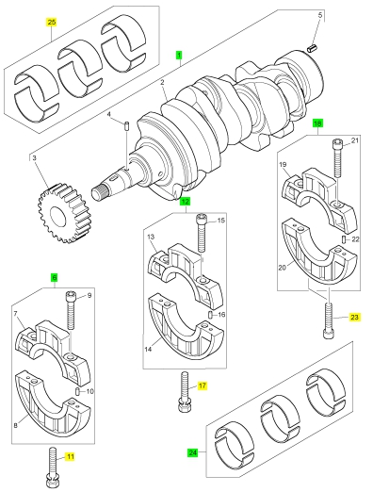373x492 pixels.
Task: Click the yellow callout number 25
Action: (x=52, y=22)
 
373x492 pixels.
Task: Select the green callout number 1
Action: (x=179, y=56)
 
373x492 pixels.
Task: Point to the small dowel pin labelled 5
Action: (x=312, y=49)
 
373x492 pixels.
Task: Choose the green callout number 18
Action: (x=317, y=123)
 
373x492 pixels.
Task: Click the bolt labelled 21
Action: (x=337, y=158)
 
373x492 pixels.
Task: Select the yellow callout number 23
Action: (x=354, y=318)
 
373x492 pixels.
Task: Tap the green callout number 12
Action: (x=185, y=202)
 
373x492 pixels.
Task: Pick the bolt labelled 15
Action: (x=201, y=233)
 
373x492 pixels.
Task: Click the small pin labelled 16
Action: (x=211, y=315)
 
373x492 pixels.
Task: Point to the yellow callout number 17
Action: (x=203, y=385)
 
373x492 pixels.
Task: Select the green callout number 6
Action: (x=55, y=278)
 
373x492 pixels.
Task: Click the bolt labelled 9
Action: (x=71, y=310)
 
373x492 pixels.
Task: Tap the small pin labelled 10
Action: (x=77, y=391)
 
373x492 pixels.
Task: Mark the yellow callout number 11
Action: (x=71, y=456)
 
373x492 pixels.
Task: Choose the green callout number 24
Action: (x=193, y=452)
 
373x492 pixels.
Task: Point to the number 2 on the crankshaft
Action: (x=162, y=83)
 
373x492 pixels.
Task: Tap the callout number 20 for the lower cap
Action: (x=283, y=268)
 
